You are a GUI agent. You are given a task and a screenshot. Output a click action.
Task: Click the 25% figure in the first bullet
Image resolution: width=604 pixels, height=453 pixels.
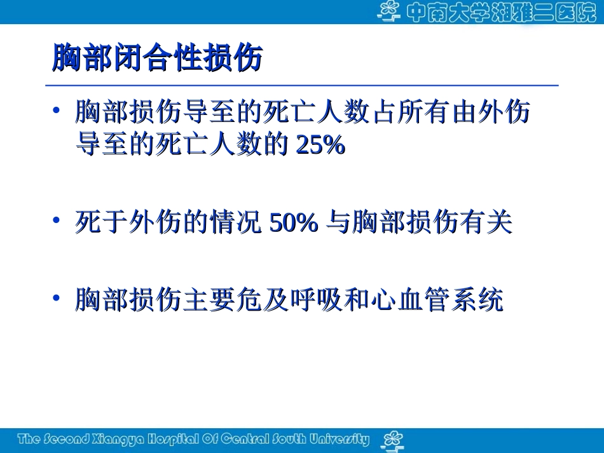(321, 146)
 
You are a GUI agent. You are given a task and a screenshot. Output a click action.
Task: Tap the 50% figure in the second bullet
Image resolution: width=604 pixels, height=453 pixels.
(294, 223)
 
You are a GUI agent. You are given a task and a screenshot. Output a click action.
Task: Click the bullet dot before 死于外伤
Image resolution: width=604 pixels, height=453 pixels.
(57, 220)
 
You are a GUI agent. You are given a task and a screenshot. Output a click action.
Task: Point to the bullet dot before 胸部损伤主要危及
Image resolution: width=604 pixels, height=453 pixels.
(57, 297)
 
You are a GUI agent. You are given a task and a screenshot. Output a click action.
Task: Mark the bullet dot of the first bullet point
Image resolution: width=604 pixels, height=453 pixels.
(57, 111)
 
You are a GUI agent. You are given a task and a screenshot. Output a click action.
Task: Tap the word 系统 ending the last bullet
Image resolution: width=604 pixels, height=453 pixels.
(484, 300)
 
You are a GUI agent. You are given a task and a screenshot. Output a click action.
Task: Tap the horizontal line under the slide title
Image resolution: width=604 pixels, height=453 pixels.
(302, 85)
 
